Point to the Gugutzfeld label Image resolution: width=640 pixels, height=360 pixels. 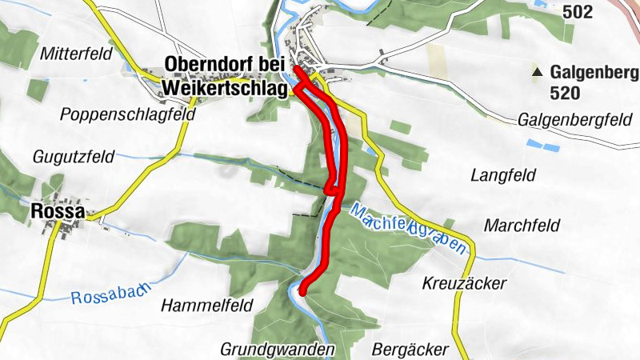coord(74,155)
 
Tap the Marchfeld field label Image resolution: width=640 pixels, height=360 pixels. coord(521,225)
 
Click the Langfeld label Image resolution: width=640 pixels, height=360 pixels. coord(502,174)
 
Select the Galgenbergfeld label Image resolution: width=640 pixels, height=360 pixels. coord(570,120)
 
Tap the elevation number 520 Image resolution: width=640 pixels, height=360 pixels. coord(565,94)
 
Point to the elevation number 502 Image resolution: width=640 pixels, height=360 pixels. coord(577,12)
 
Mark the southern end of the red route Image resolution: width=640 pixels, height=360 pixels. coord(302,293)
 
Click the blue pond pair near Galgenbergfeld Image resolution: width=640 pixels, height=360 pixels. coord(542,146)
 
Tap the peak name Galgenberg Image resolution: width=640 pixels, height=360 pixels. coord(594,73)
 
